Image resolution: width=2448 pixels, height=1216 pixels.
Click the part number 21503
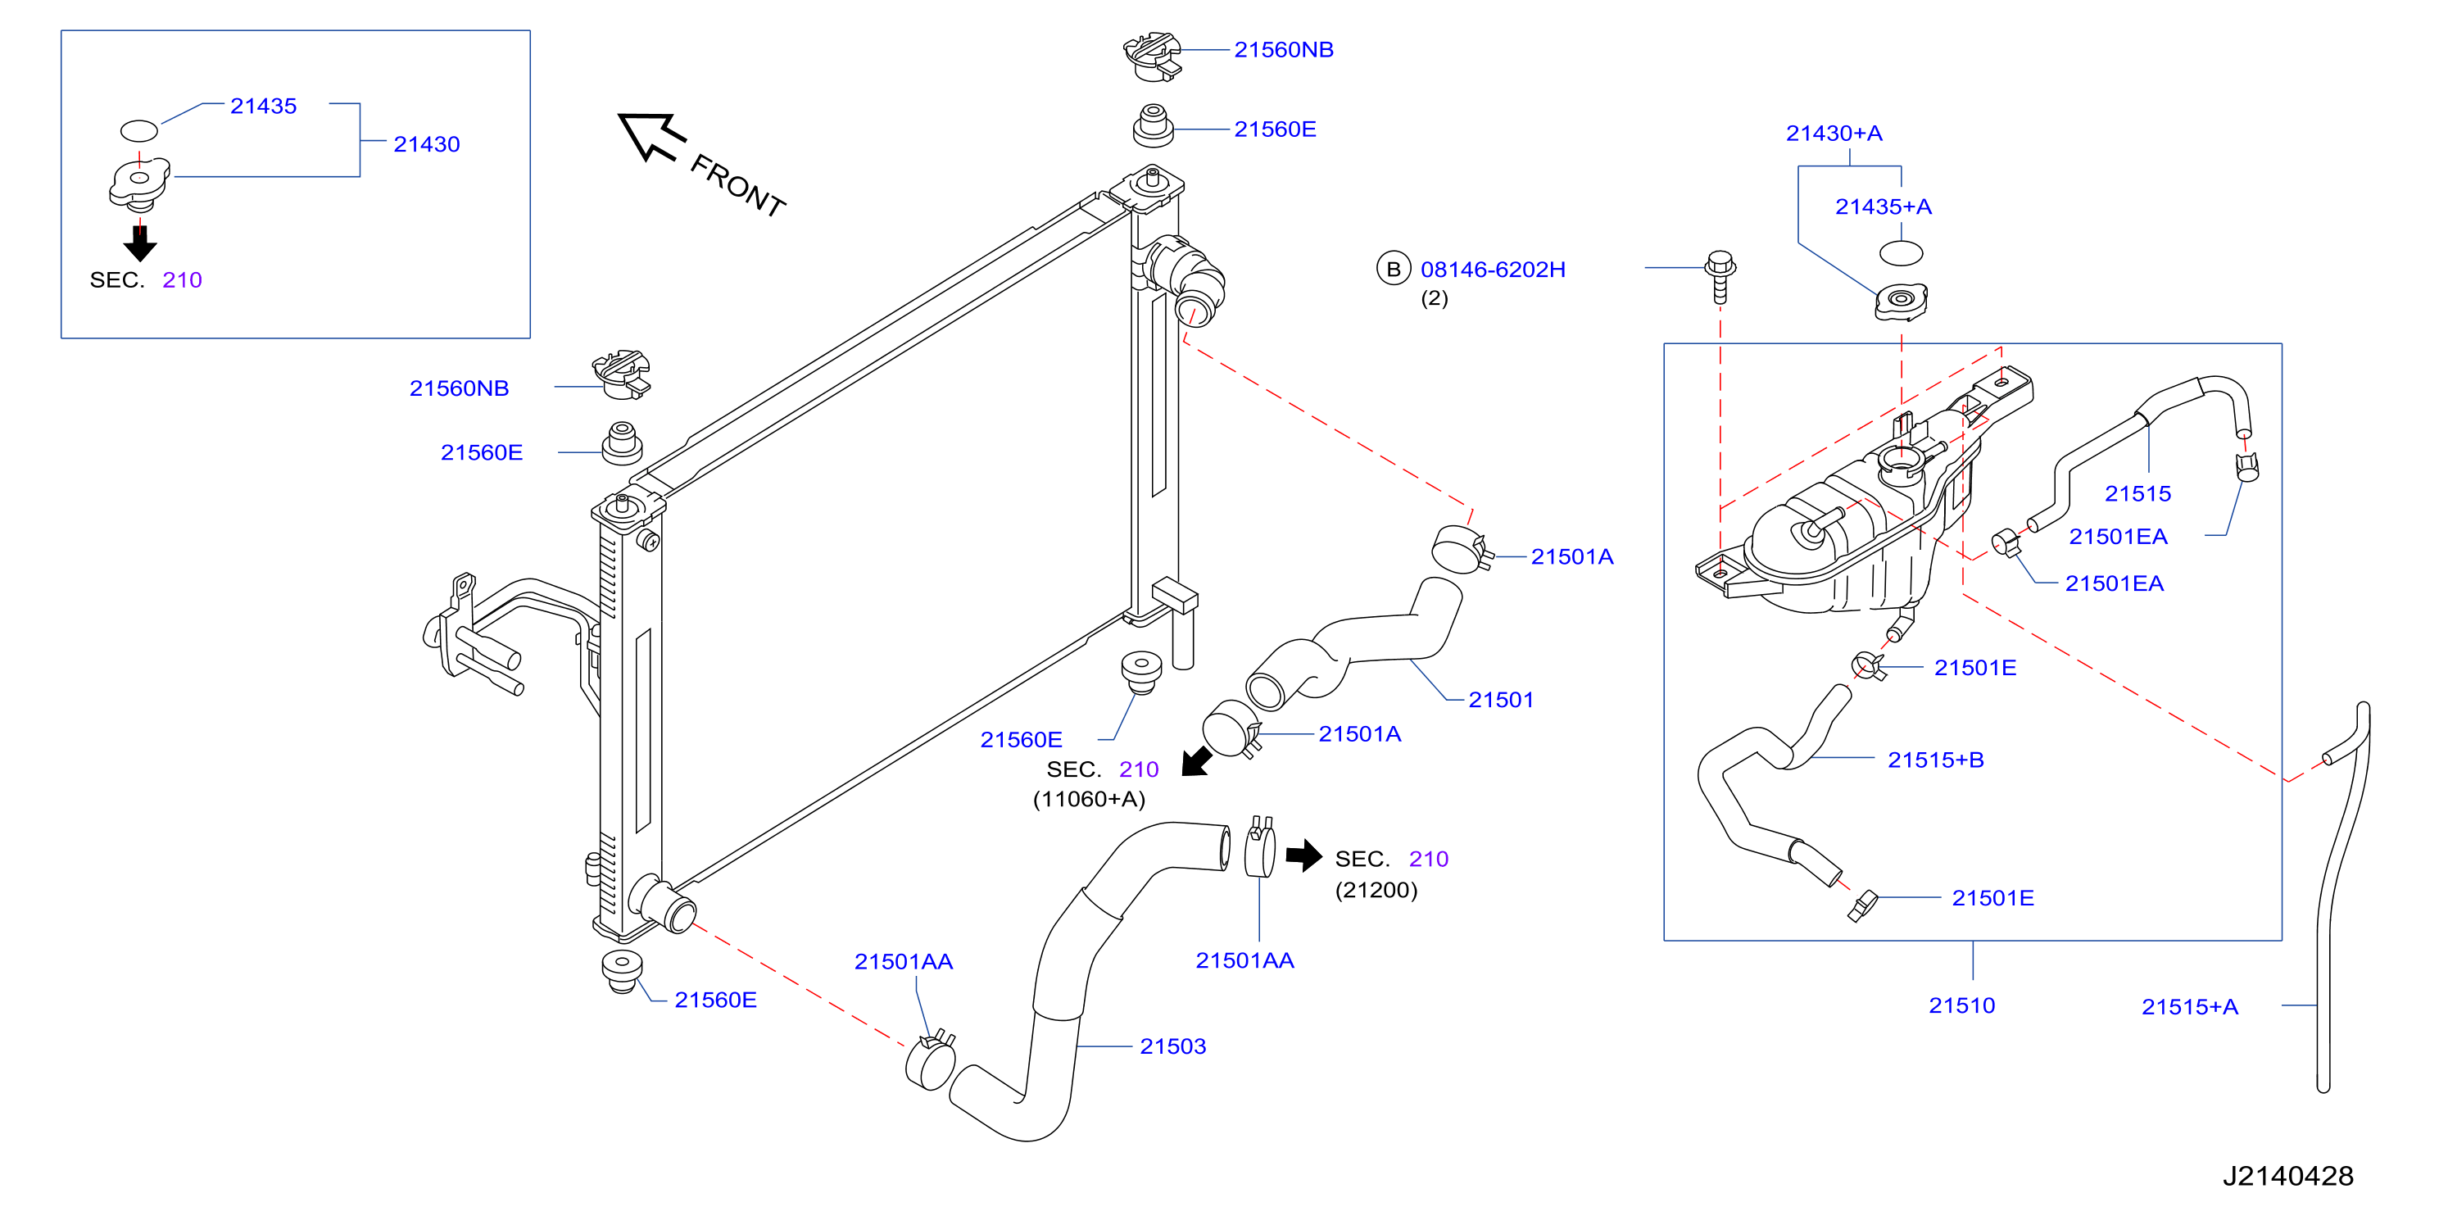(1172, 1046)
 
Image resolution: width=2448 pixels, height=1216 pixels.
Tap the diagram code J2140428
(2287, 1176)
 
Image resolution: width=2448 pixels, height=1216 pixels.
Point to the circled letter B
(1393, 269)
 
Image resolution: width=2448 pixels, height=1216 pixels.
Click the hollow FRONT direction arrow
(652, 136)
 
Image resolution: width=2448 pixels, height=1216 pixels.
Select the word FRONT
(738, 185)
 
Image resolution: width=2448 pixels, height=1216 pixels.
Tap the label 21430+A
(1834, 133)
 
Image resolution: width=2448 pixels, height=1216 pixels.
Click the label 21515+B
(1936, 760)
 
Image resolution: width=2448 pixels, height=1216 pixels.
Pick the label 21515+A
(2189, 1007)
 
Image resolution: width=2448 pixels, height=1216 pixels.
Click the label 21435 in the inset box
(263, 106)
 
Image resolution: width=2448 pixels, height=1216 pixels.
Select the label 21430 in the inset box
(427, 143)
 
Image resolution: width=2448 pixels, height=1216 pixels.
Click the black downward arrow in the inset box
(141, 243)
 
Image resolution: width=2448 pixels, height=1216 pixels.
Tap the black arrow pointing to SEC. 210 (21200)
(1303, 855)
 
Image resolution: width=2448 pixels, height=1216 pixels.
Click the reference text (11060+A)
(1089, 799)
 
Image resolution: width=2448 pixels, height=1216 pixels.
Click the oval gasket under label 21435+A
(1901, 253)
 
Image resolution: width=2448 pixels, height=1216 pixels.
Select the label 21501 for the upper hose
(1502, 700)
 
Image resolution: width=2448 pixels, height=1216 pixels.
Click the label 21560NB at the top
(1284, 49)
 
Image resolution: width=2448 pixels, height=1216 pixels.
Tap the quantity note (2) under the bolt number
(1434, 298)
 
